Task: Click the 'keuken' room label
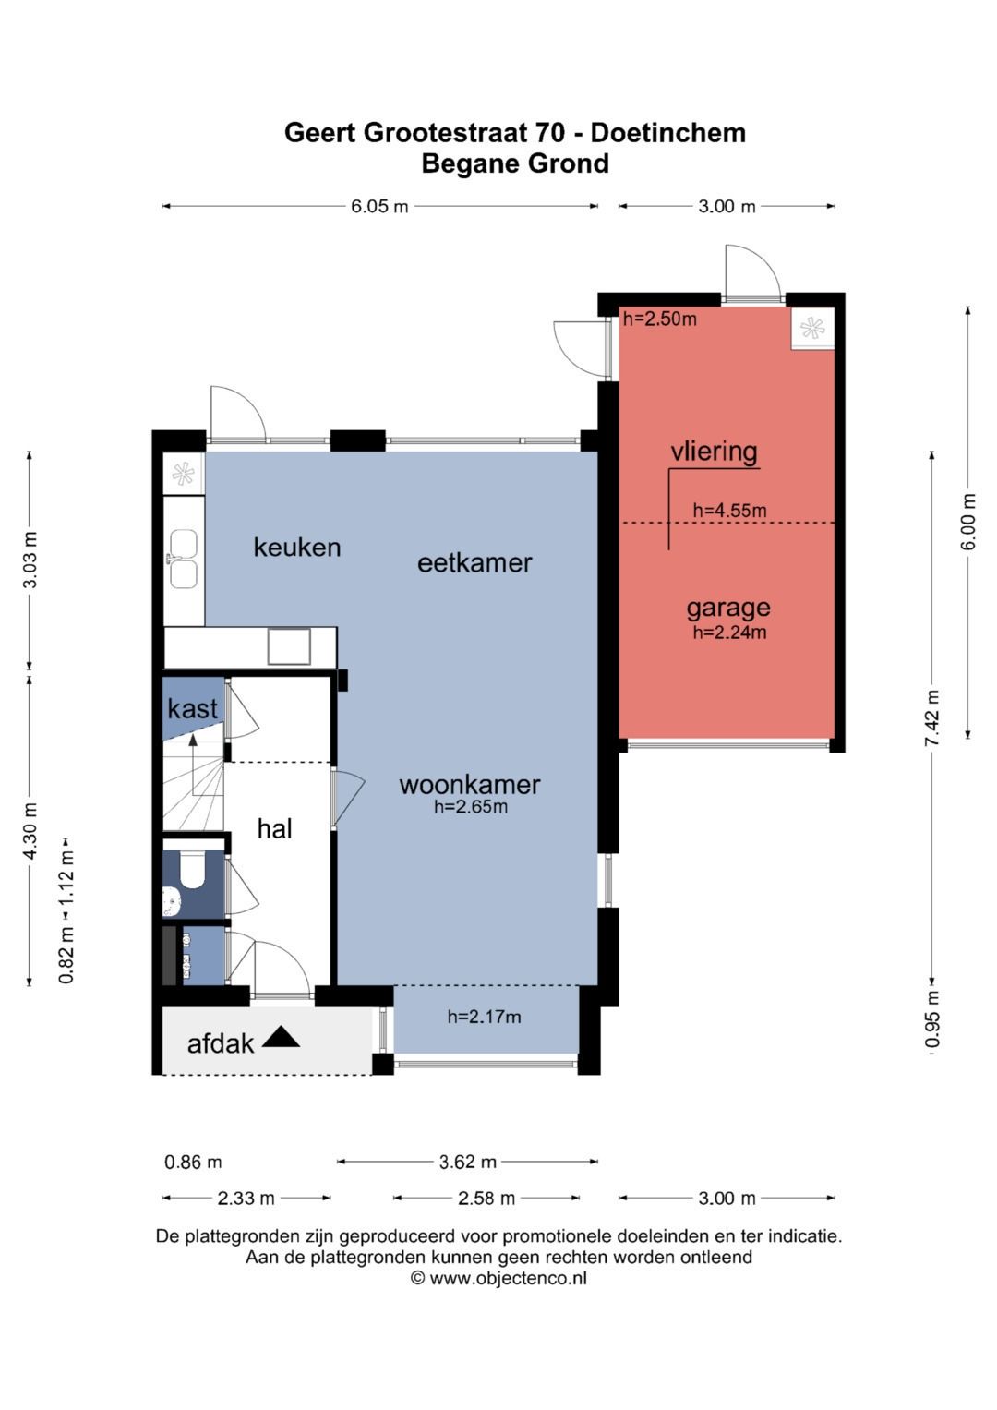(x=297, y=548)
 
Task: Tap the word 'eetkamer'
(x=474, y=562)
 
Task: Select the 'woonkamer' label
(x=470, y=785)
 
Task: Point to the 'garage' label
(x=728, y=609)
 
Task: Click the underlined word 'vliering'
(x=714, y=452)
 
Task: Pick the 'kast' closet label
(x=193, y=709)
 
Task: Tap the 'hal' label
(x=274, y=829)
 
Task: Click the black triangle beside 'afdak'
(x=281, y=1037)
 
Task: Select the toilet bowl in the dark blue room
(x=192, y=869)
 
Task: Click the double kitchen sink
(x=183, y=559)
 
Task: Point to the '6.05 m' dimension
(x=379, y=207)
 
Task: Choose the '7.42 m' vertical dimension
(x=931, y=718)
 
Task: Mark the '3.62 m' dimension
(x=468, y=1162)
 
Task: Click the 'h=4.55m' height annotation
(x=729, y=511)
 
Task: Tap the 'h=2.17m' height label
(x=484, y=1017)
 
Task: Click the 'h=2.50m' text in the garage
(x=660, y=319)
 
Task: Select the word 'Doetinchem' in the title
(x=667, y=133)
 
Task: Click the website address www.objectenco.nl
(x=508, y=1278)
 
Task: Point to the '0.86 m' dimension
(x=193, y=1162)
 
